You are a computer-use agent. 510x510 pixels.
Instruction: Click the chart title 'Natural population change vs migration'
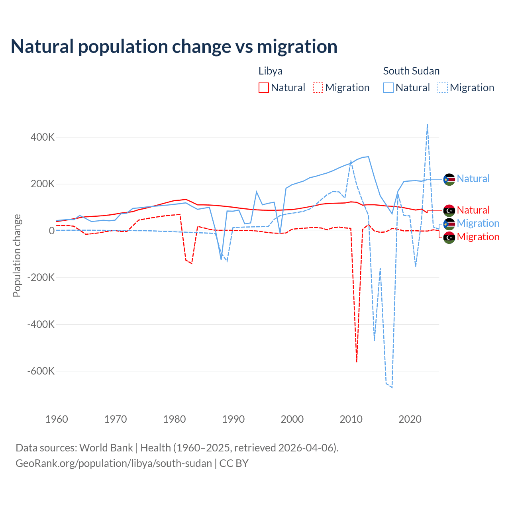pyautogui.click(x=174, y=47)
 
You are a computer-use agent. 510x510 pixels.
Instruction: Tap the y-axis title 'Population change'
pyautogui.click(x=17, y=255)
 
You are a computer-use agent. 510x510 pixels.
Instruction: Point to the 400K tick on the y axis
pyautogui.click(x=43, y=137)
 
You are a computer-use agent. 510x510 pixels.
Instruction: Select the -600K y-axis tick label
pyautogui.click(x=41, y=371)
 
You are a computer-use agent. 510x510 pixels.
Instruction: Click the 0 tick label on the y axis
pyautogui.click(x=52, y=231)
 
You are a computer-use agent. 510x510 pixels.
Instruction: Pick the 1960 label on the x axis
pyautogui.click(x=57, y=419)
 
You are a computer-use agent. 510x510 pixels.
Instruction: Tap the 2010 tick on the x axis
pyautogui.click(x=351, y=419)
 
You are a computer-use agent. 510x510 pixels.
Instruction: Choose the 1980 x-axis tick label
pyautogui.click(x=175, y=419)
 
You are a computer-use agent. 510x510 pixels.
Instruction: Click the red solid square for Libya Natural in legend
pyautogui.click(x=264, y=88)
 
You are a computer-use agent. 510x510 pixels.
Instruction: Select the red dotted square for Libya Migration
pyautogui.click(x=318, y=88)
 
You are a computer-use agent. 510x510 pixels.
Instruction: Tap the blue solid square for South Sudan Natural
pyautogui.click(x=388, y=88)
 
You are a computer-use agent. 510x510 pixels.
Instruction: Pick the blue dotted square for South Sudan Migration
pyautogui.click(x=443, y=88)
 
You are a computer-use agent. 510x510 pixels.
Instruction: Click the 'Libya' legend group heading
pyautogui.click(x=271, y=71)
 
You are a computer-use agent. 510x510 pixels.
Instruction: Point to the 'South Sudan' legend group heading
pyautogui.click(x=411, y=71)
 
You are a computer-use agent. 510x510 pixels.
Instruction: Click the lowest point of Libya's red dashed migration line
pyautogui.click(x=357, y=361)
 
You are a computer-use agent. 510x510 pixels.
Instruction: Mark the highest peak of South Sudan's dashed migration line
pyautogui.click(x=428, y=125)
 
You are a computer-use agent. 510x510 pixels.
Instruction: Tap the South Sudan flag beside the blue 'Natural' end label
pyautogui.click(x=449, y=179)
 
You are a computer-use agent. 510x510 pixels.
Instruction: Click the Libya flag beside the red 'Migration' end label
pyautogui.click(x=449, y=237)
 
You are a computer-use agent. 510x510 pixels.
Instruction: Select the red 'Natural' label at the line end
pyautogui.click(x=473, y=210)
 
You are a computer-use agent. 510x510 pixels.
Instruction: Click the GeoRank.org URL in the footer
pyautogui.click(x=114, y=463)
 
